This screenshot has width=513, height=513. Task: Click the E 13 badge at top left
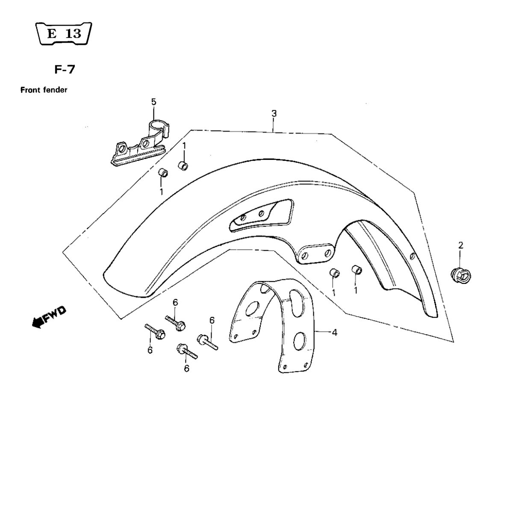coord(64,33)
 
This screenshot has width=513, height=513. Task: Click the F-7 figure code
coord(65,70)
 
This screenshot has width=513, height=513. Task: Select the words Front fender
coord(44,90)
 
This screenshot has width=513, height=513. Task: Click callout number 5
coord(153,102)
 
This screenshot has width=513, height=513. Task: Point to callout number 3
coord(274,114)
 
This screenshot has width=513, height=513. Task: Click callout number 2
coord(461,245)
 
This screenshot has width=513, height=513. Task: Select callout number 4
coord(334,332)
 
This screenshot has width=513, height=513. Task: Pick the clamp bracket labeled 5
coord(139,145)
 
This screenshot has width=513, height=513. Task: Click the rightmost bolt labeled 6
coord(207,343)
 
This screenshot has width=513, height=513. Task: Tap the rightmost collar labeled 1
coord(357,271)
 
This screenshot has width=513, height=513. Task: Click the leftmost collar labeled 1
coord(163,173)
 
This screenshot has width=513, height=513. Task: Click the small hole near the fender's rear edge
coord(413,256)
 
